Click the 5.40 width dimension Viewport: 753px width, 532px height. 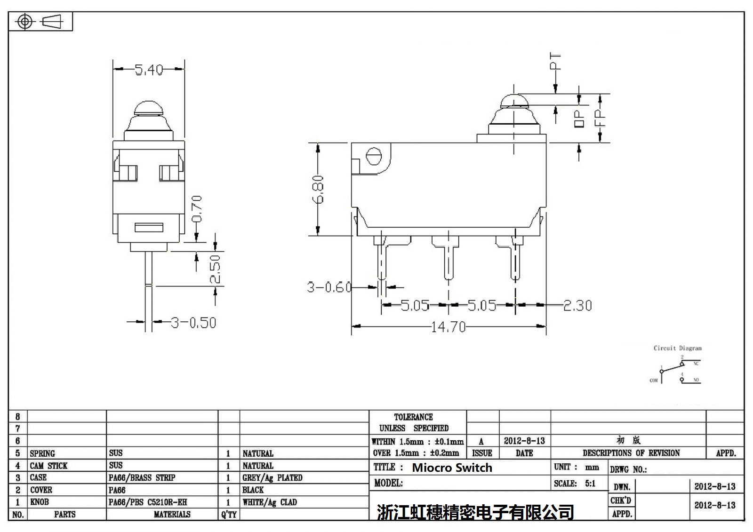coord(149,70)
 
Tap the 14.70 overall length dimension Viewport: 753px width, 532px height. coord(448,326)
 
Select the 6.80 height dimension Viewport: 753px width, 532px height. coord(319,189)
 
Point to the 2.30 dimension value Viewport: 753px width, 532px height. coord(577,306)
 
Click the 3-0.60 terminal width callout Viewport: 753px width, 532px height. coord(329,287)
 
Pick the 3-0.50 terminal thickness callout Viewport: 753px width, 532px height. coord(193,323)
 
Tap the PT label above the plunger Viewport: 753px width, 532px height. coord(556,62)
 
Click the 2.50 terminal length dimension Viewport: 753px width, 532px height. coord(215,269)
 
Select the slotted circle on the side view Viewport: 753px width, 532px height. coord(373,157)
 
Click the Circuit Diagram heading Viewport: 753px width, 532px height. coord(677,348)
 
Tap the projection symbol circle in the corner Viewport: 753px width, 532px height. coord(24,22)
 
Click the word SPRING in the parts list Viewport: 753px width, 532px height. coord(42,453)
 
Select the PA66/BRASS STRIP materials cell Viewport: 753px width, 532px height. coord(142,478)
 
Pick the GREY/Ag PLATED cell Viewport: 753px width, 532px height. coord(272,478)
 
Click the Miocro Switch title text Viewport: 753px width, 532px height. coord(452,468)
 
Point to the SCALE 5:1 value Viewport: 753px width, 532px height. coord(590,483)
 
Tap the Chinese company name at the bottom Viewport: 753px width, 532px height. coord(475,512)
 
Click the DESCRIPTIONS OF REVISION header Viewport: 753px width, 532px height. coord(631,453)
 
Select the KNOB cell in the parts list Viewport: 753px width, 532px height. coord(40,502)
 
